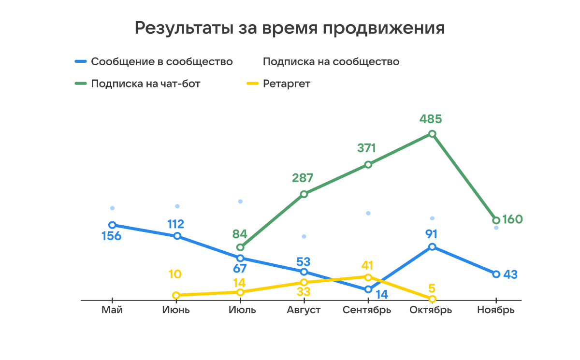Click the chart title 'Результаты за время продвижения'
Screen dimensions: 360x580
[x=290, y=28]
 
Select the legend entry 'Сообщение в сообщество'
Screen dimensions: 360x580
[x=161, y=62]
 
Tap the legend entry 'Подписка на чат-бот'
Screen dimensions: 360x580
[x=145, y=84]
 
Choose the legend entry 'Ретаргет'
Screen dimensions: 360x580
[x=287, y=84]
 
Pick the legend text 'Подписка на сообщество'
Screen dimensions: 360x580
[x=331, y=62]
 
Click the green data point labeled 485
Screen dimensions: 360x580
[x=432, y=134]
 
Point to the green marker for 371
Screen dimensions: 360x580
[x=368, y=164]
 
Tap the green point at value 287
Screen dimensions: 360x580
[x=304, y=194]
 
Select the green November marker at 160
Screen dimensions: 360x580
[x=496, y=220]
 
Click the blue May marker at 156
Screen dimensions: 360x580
[x=112, y=225]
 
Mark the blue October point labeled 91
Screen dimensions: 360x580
[x=432, y=247]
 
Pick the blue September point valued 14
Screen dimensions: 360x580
[x=368, y=289]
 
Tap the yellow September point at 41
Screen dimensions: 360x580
[x=368, y=277]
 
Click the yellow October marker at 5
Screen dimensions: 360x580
[x=432, y=299]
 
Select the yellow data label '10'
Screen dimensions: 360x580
[x=175, y=274]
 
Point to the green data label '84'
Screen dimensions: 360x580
[x=240, y=234]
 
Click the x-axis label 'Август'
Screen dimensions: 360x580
[x=304, y=310]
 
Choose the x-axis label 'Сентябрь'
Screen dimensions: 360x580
[x=367, y=310]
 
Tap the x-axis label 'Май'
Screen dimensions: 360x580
[x=112, y=310]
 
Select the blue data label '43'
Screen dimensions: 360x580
[x=510, y=274]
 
